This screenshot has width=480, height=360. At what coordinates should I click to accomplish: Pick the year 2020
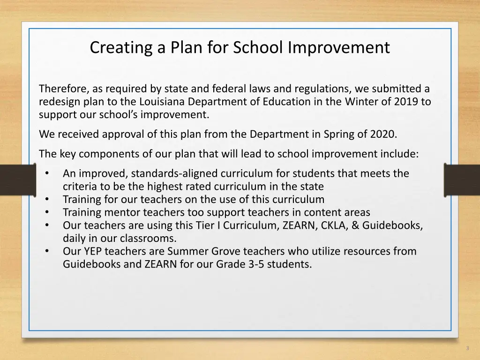point(383,135)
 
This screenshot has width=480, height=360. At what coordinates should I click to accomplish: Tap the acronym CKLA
point(333,225)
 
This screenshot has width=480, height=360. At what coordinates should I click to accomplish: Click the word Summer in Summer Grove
point(186,251)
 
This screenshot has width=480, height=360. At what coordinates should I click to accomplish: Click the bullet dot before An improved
point(47,173)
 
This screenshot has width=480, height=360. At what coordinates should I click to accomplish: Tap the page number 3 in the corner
point(467,348)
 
